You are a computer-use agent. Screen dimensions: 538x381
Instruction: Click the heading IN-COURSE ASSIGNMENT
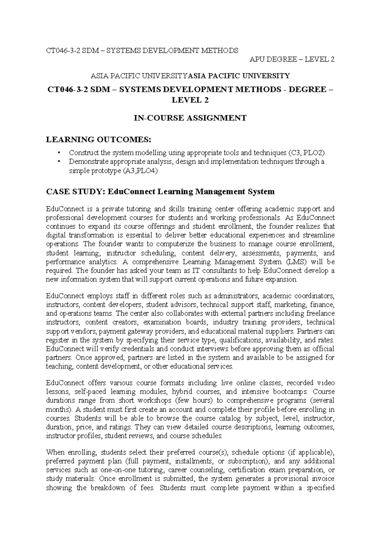point(190,118)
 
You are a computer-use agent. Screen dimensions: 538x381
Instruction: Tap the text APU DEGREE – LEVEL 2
point(292,59)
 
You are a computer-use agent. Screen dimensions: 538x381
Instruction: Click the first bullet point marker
point(59,153)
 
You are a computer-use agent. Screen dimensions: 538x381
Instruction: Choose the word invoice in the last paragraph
point(323,479)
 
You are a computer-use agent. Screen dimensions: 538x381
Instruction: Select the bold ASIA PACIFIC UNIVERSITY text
point(239,76)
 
